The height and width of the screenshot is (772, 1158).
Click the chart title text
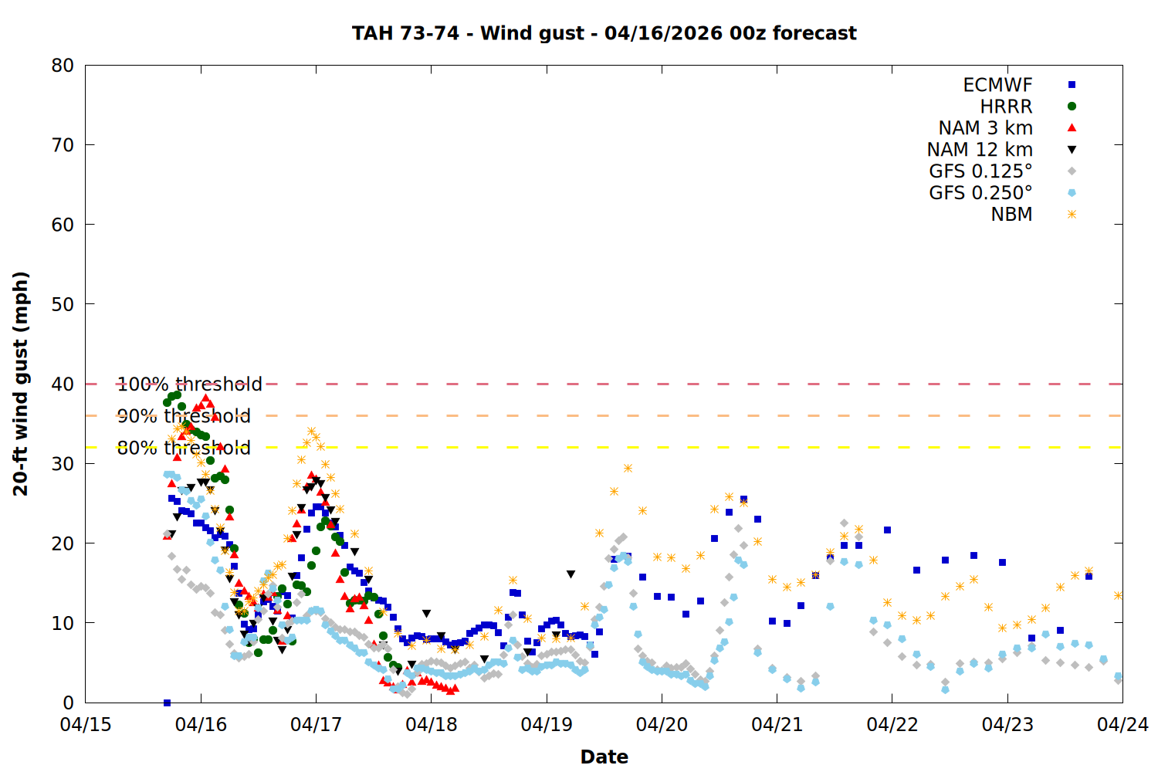604,33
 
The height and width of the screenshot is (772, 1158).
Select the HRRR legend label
1006,107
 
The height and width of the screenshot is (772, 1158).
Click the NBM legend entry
1011,215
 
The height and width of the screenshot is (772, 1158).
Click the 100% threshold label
190,384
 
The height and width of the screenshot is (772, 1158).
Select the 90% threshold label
184,416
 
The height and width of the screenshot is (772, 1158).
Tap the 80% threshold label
184,448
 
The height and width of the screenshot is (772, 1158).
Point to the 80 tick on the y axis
63,66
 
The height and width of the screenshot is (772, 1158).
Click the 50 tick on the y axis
63,304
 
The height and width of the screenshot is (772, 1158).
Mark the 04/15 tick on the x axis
86,725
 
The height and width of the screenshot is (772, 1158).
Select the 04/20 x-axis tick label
662,725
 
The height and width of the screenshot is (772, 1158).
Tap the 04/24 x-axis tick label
1122,725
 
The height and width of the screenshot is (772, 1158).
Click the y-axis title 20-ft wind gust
21,384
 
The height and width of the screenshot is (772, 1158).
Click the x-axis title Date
604,757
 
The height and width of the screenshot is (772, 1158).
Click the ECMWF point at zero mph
167,703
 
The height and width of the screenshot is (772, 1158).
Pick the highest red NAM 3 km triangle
205,398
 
